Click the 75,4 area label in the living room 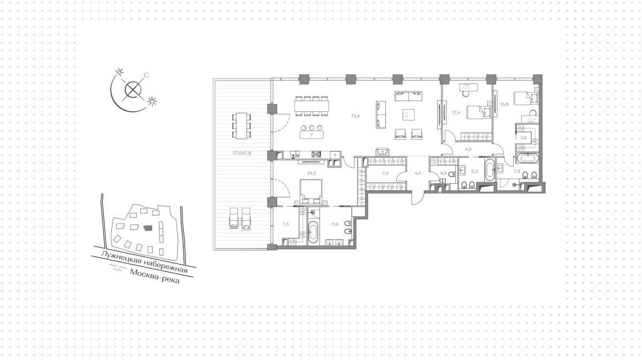355,116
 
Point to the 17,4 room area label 456,113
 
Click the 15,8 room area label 505,104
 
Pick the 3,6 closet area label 523,137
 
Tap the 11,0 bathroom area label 335,224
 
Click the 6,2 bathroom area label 475,171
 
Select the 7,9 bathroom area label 517,171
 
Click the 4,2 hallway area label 468,149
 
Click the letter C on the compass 147,75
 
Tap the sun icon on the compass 152,101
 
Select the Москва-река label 155,276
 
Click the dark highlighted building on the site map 148,228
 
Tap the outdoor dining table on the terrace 242,126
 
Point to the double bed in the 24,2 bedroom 311,192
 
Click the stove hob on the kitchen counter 316,155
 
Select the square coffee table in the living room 408,114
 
